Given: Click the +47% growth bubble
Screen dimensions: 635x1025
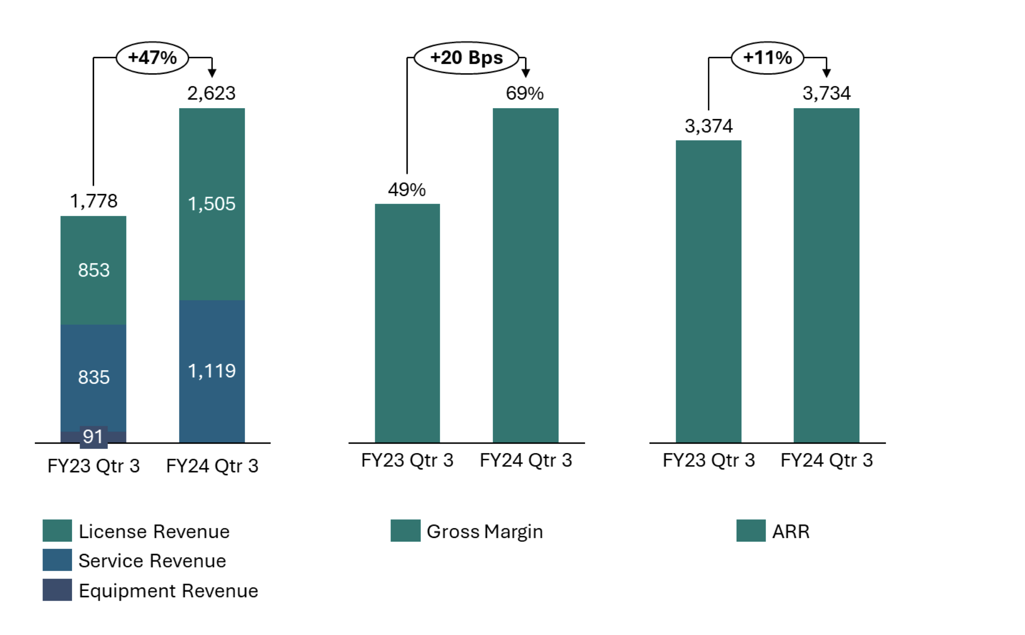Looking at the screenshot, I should pyautogui.click(x=152, y=58).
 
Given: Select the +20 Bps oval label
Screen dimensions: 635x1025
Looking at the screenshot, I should pyautogui.click(x=466, y=58).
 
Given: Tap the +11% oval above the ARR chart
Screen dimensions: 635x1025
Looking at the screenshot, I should pyautogui.click(x=767, y=58).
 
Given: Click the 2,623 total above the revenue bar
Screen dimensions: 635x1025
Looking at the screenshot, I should pyautogui.click(x=212, y=93).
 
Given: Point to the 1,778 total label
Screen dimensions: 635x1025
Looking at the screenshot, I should pyautogui.click(x=93, y=201).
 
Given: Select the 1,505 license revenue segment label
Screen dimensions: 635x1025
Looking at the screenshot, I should pyautogui.click(x=212, y=204).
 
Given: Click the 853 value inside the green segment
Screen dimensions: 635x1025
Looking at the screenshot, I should pyautogui.click(x=93, y=270).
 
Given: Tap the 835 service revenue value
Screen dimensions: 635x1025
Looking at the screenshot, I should pyautogui.click(x=93, y=377).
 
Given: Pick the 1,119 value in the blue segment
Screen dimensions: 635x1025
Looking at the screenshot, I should pyautogui.click(x=212, y=371).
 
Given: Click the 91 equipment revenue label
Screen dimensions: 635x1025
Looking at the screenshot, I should pyautogui.click(x=93, y=437).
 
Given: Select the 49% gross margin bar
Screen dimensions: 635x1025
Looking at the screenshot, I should pyautogui.click(x=407, y=324).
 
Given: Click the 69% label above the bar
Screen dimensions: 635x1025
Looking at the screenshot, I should pyautogui.click(x=525, y=93).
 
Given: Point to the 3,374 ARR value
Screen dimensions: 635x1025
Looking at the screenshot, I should pyautogui.click(x=708, y=126).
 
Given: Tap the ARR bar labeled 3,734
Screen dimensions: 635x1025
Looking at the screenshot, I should pyautogui.click(x=826, y=275).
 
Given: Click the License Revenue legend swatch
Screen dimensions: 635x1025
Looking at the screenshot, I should pyautogui.click(x=57, y=531).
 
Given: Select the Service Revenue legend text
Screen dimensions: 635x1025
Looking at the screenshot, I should pyautogui.click(x=152, y=561).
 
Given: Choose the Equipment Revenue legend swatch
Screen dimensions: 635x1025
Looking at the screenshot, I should pyautogui.click(x=57, y=590).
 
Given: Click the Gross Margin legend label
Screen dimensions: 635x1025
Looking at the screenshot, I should pyautogui.click(x=484, y=531).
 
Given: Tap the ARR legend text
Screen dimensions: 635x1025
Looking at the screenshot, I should pyautogui.click(x=790, y=531).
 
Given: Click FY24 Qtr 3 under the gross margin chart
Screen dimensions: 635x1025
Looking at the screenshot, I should pyautogui.click(x=525, y=460).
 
